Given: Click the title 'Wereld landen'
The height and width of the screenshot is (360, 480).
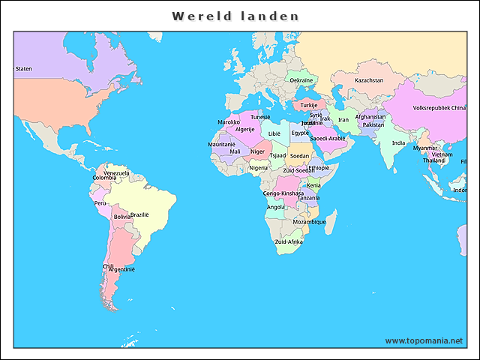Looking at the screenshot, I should click(235, 16).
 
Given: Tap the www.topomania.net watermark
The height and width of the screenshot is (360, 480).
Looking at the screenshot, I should click(424, 340).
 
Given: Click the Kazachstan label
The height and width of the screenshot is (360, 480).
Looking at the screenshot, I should click(369, 80).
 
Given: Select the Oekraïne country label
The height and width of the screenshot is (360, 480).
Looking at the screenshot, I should click(301, 80).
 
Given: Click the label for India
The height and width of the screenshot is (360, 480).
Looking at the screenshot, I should click(398, 142).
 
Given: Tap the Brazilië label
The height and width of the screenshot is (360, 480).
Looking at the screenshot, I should click(140, 214).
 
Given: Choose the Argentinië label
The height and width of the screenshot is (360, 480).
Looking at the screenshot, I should click(121, 269).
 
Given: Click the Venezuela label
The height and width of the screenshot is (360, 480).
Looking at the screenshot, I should click(116, 172).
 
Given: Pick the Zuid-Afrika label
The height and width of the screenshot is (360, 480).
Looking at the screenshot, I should click(289, 241).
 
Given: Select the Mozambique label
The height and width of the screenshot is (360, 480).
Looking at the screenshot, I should click(309, 222).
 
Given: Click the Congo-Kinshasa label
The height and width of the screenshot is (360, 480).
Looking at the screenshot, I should click(283, 193).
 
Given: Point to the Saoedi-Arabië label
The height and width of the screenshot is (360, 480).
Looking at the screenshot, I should click(328, 138).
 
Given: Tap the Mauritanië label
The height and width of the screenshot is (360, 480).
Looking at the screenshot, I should click(222, 144).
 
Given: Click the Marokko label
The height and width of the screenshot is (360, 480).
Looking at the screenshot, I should click(229, 122).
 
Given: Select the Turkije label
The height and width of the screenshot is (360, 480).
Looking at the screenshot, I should click(310, 106).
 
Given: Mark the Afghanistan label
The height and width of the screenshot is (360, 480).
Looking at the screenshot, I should click(370, 117).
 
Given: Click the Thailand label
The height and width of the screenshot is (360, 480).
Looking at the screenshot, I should click(433, 160).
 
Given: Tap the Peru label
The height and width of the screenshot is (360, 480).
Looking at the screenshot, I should click(100, 202).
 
